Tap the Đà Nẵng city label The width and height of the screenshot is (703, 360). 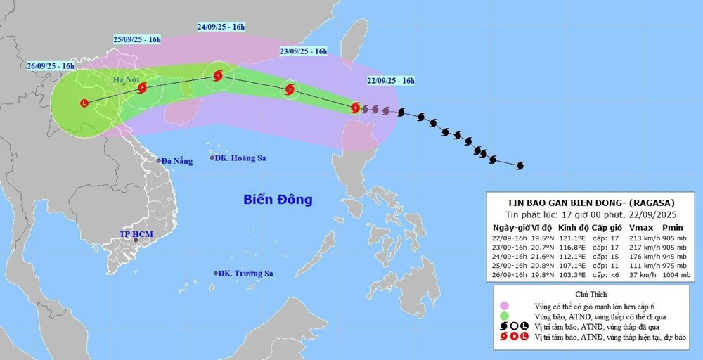tap(176, 161)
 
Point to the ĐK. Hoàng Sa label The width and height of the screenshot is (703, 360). tap(242, 157)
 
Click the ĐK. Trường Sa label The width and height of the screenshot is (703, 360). tap(245, 273)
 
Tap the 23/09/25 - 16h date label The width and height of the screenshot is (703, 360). tap(303, 51)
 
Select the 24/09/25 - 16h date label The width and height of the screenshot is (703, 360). tap(221, 27)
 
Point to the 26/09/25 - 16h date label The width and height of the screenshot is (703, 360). tap(51, 65)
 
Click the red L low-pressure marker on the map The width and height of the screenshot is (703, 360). tap(85, 103)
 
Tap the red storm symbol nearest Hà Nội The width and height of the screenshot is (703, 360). tap(143, 89)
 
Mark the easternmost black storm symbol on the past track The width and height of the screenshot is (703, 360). tap(520, 166)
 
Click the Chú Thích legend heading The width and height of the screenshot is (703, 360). tap(591, 294)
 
